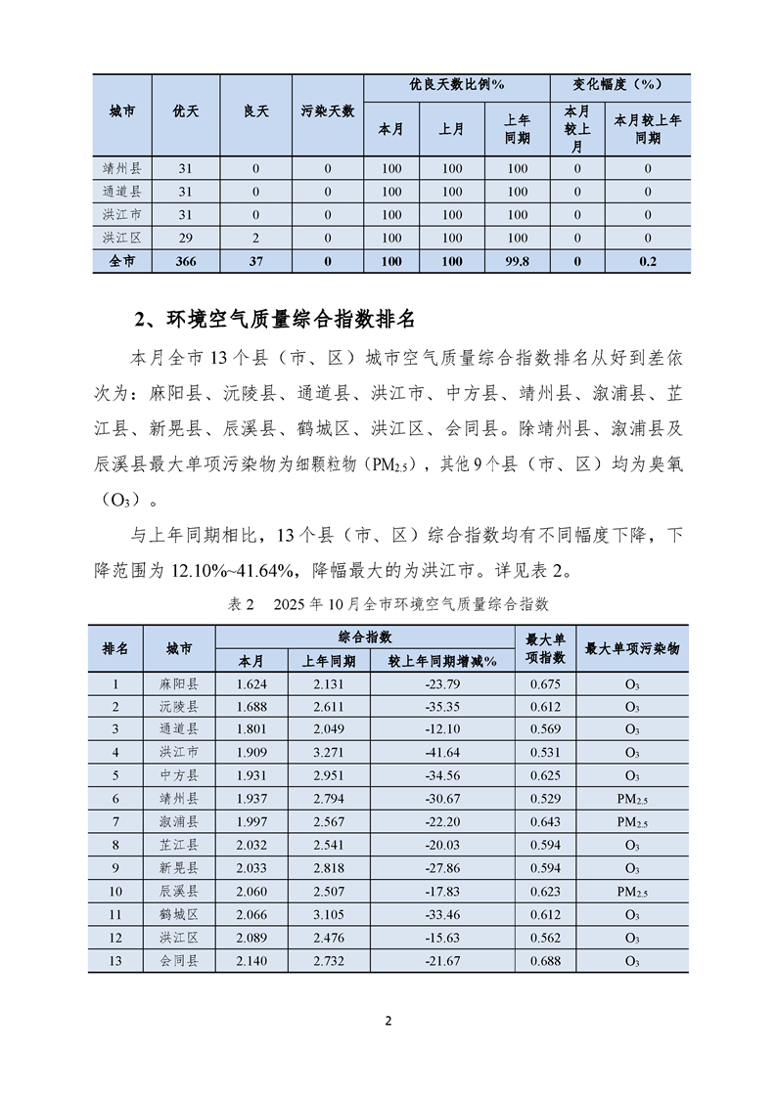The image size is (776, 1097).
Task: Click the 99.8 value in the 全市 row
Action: pos(518,261)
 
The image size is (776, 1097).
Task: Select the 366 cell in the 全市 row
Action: pos(186,261)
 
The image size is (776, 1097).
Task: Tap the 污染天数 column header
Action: pos(327,111)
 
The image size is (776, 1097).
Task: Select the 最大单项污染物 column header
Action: pos(631,648)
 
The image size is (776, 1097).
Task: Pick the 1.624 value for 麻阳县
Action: pos(251,684)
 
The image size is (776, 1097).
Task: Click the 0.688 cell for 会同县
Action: pos(545,961)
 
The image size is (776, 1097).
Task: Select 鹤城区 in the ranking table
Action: pos(178,915)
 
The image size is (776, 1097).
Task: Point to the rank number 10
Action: pos(115,892)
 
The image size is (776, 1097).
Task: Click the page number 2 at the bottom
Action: pos(388,1022)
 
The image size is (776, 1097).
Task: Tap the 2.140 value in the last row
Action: pos(251,961)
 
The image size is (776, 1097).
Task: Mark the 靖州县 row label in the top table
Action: pos(122,168)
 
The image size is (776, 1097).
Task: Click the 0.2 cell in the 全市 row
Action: pos(647,261)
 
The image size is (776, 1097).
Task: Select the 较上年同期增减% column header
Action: pos(443,661)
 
